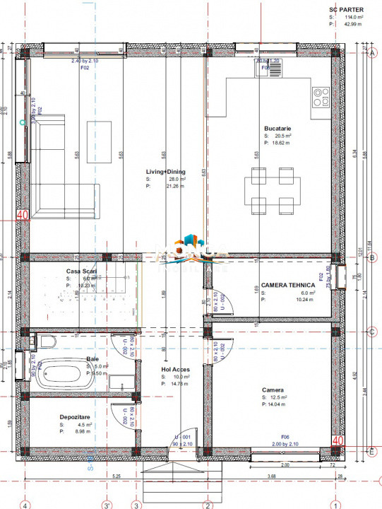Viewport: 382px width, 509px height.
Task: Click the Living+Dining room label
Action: (166, 171)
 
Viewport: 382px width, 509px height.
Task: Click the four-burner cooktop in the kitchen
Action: (321, 95)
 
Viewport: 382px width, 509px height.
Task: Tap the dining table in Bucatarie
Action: (268, 191)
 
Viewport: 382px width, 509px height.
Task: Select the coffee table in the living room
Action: (99, 134)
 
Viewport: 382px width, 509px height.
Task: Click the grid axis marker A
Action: (371, 53)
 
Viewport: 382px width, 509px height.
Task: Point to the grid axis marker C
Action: (371, 331)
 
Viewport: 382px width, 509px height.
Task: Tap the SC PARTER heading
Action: (346, 11)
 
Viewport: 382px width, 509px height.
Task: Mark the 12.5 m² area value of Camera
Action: (282, 397)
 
